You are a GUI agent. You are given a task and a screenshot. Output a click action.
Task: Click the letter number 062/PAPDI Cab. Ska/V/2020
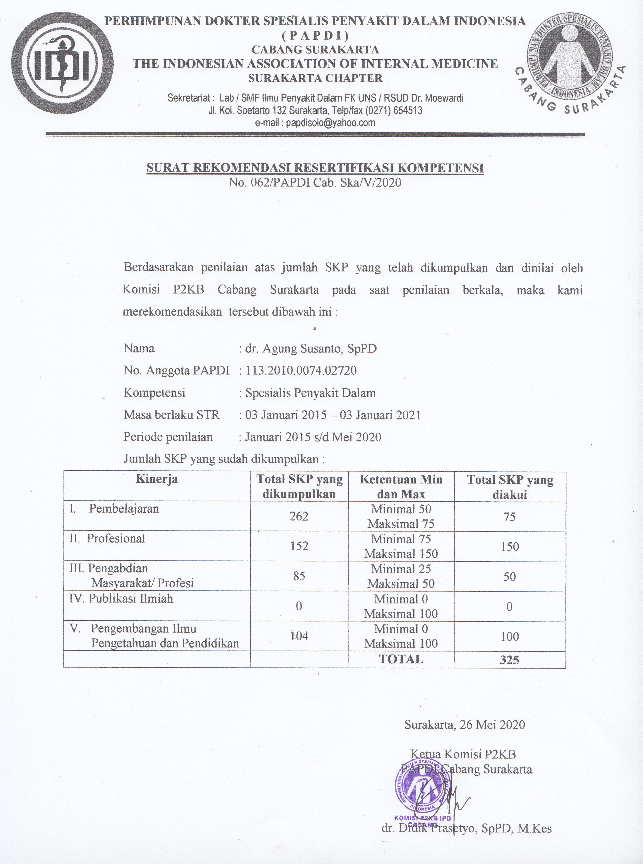[315, 182]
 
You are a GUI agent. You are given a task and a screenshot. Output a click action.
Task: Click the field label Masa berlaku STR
[172, 415]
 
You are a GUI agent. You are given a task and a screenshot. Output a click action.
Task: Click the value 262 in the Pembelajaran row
[299, 516]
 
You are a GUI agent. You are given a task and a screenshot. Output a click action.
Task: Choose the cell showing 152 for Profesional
[299, 546]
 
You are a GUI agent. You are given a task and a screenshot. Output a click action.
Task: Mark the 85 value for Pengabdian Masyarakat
[299, 576]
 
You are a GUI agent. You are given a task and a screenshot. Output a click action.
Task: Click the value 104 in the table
[299, 636]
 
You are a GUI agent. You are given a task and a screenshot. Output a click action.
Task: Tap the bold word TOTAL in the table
[401, 659]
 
